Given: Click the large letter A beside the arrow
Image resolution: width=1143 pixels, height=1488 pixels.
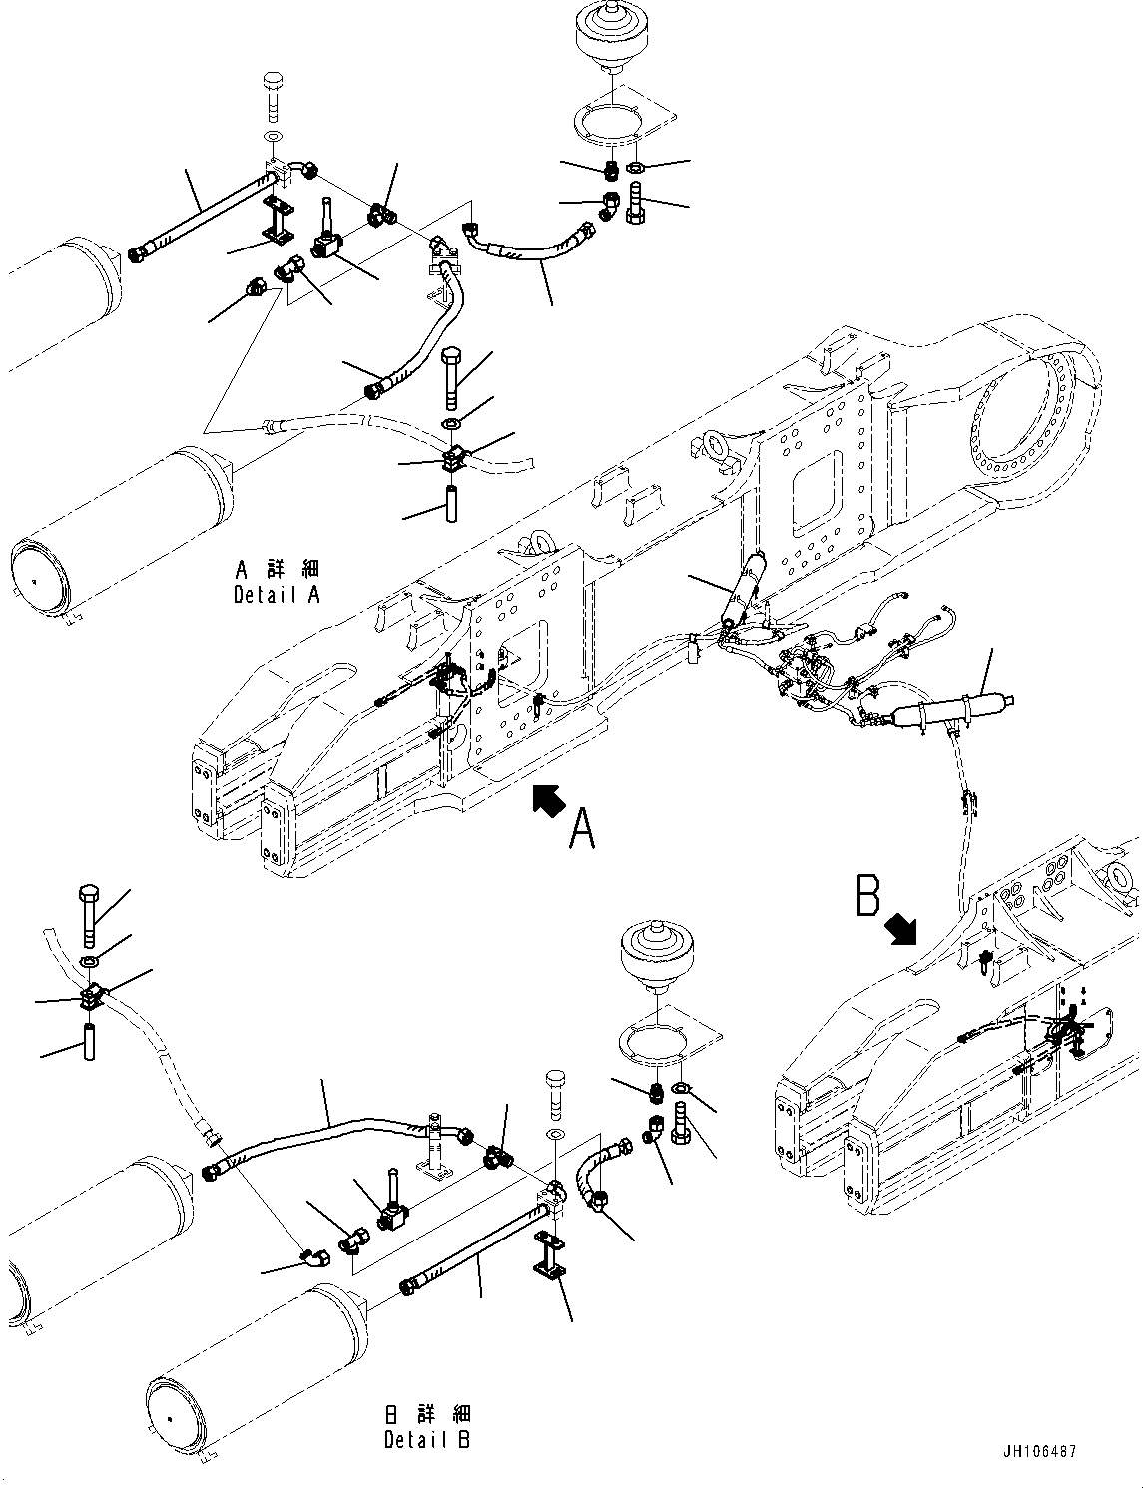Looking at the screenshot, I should tap(582, 828).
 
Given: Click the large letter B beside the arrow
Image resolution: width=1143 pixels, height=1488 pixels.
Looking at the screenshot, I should tap(868, 895).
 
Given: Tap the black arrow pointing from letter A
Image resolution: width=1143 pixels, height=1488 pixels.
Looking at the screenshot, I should tap(548, 798).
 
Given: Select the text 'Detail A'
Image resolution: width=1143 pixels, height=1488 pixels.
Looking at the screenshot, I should tap(277, 595).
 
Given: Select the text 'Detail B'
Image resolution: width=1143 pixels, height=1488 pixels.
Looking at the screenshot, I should tap(426, 1440).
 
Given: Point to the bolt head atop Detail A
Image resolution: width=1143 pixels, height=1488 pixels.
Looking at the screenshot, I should tap(274, 84).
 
